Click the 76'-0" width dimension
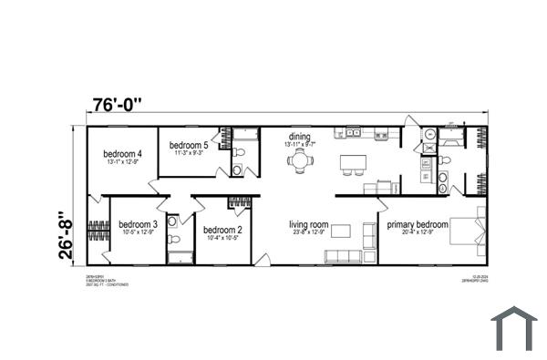coord(118,104)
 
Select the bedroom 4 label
coord(121,154)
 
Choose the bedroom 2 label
coord(222,230)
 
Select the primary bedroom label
coord(418,224)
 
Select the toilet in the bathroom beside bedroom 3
coord(177,240)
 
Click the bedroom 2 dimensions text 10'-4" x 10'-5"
coord(222,238)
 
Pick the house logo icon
coord(514,329)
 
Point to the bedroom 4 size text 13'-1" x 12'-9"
coord(121,162)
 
